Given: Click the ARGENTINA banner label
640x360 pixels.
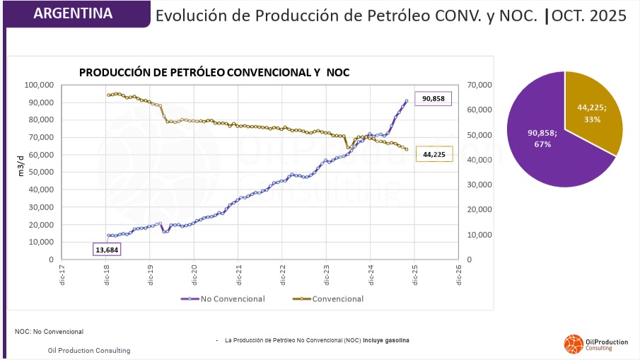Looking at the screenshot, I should pyautogui.click(x=73, y=13).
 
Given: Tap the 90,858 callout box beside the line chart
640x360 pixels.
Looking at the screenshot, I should pyautogui.click(x=433, y=99).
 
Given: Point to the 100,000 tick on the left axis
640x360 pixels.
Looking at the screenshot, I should pyautogui.click(x=40, y=85).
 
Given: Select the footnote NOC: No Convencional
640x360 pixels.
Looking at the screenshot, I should pyautogui.click(x=49, y=331).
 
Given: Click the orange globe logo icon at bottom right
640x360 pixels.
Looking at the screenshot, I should pyautogui.click(x=572, y=344).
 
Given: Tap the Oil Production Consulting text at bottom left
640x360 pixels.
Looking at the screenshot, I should pyautogui.click(x=89, y=350).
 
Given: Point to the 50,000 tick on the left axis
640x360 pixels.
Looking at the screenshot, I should pyautogui.click(x=42, y=172).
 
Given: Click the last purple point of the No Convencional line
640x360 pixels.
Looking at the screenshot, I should pyautogui.click(x=406, y=100).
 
